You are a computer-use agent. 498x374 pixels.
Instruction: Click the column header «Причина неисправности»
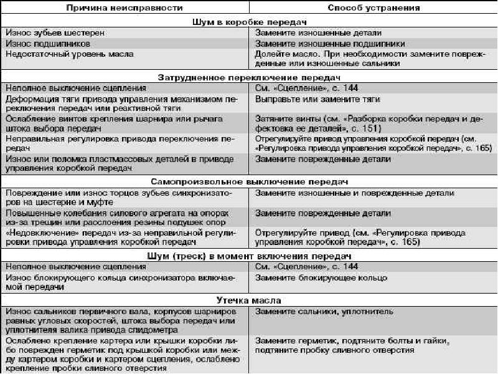[125, 8]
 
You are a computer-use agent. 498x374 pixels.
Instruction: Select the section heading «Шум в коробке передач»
[249, 21]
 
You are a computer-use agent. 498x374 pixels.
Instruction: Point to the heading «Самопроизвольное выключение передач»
[249, 181]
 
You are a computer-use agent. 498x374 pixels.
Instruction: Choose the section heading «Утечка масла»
[249, 299]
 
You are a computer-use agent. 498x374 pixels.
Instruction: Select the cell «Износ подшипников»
[48, 44]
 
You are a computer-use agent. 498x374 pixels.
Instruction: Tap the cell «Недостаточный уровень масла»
[69, 54]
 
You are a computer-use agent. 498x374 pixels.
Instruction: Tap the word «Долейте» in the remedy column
[271, 54]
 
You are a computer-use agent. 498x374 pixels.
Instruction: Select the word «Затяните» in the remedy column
[273, 118]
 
